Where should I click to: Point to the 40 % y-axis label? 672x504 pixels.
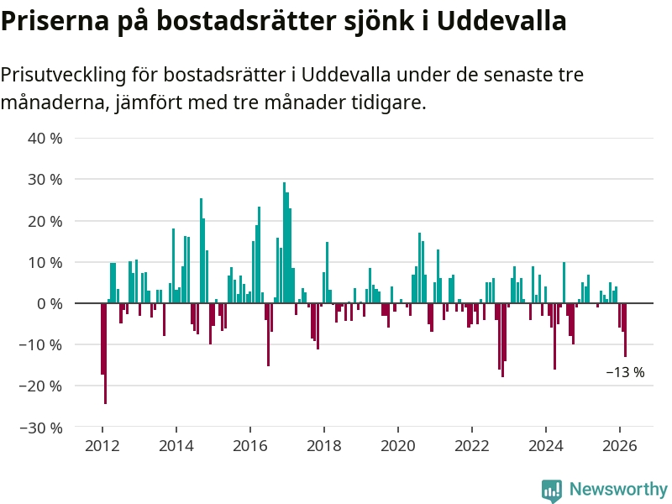[x=45, y=138]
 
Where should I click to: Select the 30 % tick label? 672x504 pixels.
[x=45, y=179]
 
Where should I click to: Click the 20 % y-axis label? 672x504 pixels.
[x=45, y=221]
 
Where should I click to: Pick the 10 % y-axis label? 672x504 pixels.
[x=45, y=262]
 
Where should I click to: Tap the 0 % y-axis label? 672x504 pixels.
[x=50, y=303]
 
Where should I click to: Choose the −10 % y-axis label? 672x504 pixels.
[x=42, y=344]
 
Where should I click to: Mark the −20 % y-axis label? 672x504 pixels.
[x=42, y=386]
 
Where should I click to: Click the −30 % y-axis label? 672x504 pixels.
[x=42, y=428]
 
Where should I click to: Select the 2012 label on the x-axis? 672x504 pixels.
[x=102, y=446]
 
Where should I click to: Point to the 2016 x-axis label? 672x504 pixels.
[x=249, y=446]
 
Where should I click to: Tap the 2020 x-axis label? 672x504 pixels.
[x=397, y=446]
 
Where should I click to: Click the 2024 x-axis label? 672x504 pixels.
[x=545, y=446]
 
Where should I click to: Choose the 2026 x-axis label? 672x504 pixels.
[x=619, y=446]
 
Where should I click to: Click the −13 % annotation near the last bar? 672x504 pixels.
[x=625, y=372]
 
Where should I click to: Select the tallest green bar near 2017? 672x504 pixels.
[x=284, y=242]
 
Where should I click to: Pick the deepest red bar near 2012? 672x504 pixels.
[x=105, y=353]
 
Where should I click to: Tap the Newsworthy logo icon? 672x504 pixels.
[x=552, y=490]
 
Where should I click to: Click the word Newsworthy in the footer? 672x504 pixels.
[x=618, y=489]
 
